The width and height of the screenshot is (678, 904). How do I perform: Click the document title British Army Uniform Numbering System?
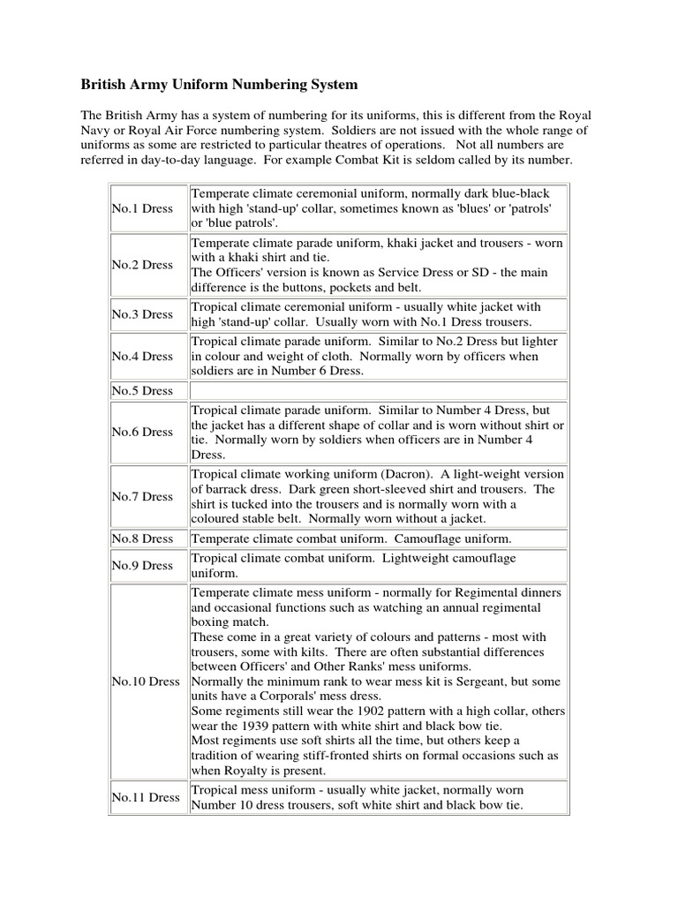[x=220, y=85]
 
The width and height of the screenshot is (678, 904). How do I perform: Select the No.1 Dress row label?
[x=142, y=208]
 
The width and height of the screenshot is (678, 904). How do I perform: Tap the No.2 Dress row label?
[x=142, y=265]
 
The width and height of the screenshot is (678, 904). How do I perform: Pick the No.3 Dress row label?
[x=142, y=313]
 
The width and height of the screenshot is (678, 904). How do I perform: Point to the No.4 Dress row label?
[x=142, y=356]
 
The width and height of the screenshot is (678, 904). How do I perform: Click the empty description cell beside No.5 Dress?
[x=377, y=390]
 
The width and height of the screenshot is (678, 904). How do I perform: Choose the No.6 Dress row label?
[x=142, y=432]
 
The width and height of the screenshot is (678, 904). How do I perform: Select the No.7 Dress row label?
[x=142, y=496]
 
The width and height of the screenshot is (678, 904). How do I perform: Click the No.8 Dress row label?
[x=142, y=538]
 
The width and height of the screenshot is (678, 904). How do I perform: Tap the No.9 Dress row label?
[x=142, y=565]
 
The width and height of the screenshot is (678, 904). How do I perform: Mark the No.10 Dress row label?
[x=146, y=682]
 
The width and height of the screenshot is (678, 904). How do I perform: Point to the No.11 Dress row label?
[x=146, y=797]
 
